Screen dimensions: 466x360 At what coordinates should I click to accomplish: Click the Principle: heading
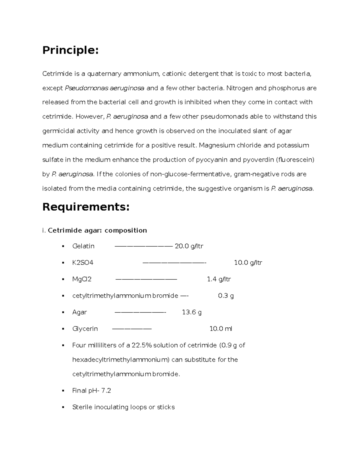[70, 50]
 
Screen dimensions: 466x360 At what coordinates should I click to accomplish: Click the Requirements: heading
[86, 207]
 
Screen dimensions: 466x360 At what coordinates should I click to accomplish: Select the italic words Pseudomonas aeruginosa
[105, 88]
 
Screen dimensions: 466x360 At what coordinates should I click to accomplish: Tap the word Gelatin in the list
[83, 246]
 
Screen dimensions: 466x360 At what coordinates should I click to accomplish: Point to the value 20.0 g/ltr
[189, 246]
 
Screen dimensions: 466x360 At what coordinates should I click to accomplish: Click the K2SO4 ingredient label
[82, 263]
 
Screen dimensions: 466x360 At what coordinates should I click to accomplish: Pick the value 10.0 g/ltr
[248, 263]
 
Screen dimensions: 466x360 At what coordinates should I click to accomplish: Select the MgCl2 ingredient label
[82, 279]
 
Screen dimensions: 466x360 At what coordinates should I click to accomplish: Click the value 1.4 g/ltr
[219, 279]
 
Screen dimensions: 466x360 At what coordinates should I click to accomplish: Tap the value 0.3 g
[226, 296]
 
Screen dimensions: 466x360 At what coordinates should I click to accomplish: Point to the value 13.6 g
[192, 312]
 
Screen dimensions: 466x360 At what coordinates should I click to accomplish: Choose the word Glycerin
[85, 329]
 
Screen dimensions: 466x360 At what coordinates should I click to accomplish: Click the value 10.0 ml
[220, 329]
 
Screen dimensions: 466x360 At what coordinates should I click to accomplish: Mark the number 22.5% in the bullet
[142, 345]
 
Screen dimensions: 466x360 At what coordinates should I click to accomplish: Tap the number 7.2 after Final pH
[106, 390]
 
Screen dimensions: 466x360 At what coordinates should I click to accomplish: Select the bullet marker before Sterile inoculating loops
[63, 407]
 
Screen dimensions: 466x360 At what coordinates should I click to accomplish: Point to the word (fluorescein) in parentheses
[295, 160]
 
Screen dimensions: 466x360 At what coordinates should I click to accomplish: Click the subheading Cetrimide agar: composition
[97, 230]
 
